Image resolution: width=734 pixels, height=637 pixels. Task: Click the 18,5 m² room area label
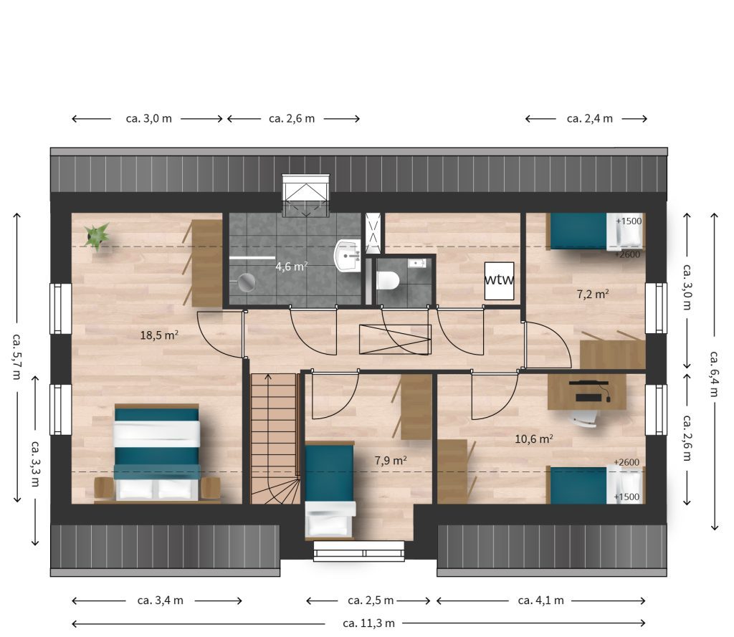click(159, 335)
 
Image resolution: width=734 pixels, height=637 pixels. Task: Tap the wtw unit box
click(499, 281)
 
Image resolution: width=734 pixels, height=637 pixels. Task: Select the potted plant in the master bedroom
click(97, 236)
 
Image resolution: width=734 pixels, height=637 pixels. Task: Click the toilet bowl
click(388, 281)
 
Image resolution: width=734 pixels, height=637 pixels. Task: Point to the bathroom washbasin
click(347, 256)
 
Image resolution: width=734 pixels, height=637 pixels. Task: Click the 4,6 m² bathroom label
click(291, 267)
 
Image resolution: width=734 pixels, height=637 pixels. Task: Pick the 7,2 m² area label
click(593, 294)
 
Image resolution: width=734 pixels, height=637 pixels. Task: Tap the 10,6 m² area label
click(533, 439)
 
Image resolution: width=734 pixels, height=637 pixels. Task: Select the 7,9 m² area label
click(391, 461)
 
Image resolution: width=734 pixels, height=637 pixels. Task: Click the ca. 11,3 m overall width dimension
click(369, 623)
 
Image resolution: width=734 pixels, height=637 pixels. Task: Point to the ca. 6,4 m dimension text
click(714, 374)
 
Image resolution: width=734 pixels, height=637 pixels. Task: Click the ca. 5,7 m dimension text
click(17, 357)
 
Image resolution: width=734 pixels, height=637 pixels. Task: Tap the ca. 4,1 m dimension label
click(540, 600)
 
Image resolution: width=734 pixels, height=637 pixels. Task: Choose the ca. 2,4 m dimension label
click(589, 119)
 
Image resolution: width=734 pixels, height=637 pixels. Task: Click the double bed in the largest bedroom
click(157, 453)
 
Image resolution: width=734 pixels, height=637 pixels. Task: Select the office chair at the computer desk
click(583, 418)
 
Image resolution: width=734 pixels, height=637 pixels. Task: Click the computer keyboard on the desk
click(588, 398)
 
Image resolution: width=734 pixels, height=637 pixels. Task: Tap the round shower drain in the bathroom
click(247, 282)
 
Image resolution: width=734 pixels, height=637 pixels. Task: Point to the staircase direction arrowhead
click(268, 376)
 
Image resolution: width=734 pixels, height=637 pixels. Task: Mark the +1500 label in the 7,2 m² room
click(629, 221)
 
